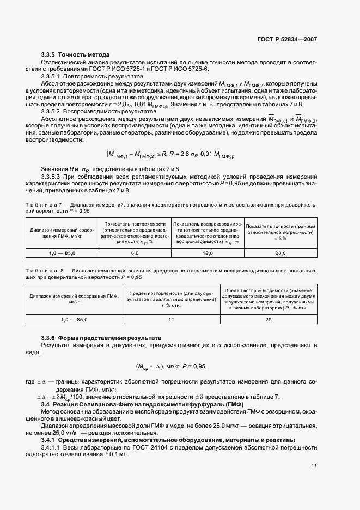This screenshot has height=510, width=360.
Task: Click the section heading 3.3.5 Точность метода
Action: click(x=75, y=54)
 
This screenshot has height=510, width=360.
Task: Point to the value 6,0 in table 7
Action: click(x=135, y=253)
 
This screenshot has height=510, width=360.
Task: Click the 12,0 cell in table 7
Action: click(x=208, y=253)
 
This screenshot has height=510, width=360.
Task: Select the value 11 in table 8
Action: click(x=171, y=320)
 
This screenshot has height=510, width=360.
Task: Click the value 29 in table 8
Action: click(x=268, y=320)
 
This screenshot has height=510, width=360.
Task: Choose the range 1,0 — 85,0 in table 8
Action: click(x=74, y=320)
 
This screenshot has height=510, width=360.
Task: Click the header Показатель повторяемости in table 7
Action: click(x=135, y=224)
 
